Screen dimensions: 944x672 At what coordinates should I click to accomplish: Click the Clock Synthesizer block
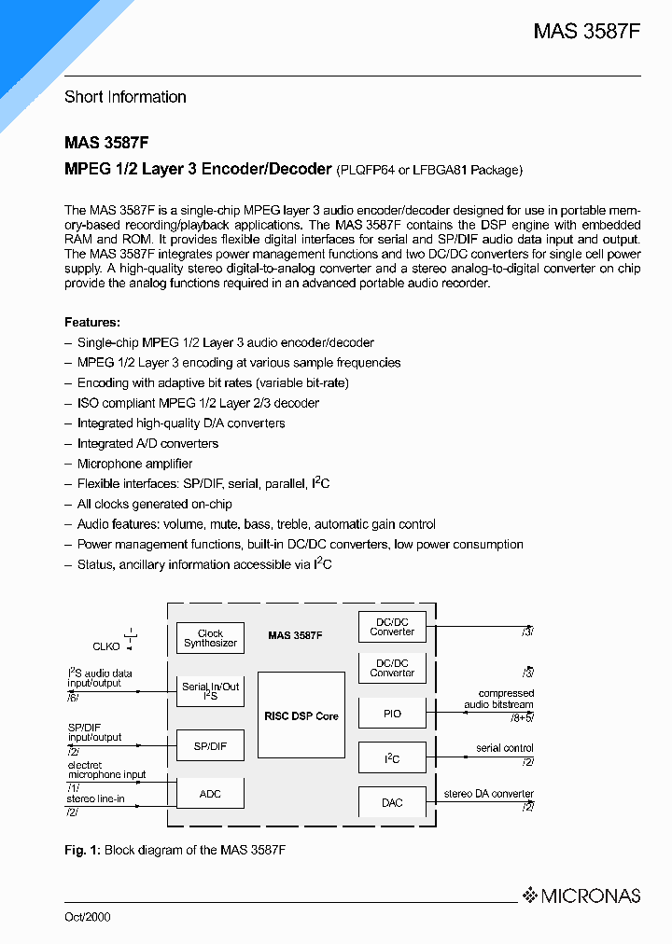pos(210,638)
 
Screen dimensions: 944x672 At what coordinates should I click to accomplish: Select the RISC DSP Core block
pos(301,715)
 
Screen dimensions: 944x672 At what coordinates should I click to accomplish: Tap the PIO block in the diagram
pos(392,714)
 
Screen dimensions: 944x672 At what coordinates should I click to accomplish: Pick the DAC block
pos(392,802)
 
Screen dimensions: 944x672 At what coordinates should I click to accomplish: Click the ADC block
pos(210,793)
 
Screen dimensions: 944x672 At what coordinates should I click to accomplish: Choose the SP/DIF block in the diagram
pos(210,745)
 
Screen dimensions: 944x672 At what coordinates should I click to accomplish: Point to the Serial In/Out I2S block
pos(210,691)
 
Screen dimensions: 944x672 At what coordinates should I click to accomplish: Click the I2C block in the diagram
pos(392,758)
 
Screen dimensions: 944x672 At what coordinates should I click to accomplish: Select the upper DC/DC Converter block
pos(392,627)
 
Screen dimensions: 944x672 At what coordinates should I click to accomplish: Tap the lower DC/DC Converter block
pos(392,668)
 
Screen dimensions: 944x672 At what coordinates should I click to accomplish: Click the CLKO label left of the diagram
pos(106,645)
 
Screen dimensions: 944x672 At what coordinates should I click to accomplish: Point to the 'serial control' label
pos(504,748)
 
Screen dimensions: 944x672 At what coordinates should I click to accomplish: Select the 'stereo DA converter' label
pos(489,794)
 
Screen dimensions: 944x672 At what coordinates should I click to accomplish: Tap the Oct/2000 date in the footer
pos(87,917)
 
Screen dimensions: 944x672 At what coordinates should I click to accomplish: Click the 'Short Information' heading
pos(125,97)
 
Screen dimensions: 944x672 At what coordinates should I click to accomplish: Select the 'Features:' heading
pos(92,322)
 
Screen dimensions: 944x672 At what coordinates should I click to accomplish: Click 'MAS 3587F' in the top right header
pos(587,31)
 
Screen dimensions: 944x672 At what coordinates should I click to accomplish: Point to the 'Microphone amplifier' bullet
pos(134,464)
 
